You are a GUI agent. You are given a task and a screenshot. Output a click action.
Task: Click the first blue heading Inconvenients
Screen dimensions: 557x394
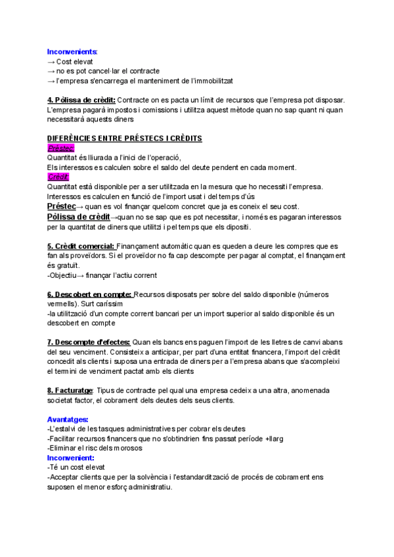tap(72, 51)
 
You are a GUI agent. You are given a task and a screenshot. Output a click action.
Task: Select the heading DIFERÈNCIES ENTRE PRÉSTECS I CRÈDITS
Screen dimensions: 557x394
tap(124, 138)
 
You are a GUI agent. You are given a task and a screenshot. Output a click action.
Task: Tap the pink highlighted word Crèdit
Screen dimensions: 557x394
tap(58, 177)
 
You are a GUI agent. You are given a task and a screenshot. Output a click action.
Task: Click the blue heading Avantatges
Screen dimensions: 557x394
tap(68, 419)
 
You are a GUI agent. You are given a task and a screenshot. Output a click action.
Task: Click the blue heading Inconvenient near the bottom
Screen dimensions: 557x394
tap(71, 457)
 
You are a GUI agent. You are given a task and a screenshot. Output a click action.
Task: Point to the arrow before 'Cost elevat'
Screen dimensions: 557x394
tap(51, 61)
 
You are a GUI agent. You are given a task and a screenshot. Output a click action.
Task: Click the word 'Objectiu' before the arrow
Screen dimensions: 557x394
tap(65, 275)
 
